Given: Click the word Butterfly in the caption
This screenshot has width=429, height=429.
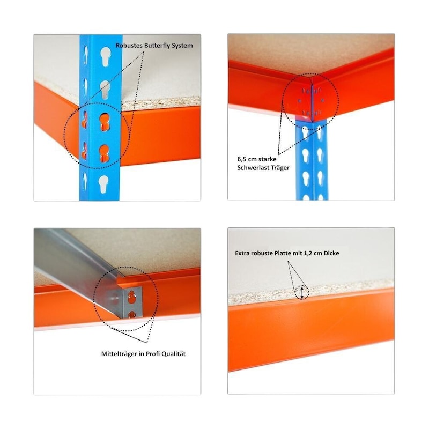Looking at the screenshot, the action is tap(158, 46).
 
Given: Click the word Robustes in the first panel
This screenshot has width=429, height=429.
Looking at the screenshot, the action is tap(129, 46).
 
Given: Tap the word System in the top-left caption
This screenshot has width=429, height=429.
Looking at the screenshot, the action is tap(183, 46).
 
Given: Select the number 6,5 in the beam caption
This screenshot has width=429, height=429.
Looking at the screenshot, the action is tap(242, 159).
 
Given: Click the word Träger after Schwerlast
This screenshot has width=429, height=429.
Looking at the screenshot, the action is tap(279, 168).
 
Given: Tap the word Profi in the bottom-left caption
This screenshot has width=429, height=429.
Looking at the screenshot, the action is tap(153, 354).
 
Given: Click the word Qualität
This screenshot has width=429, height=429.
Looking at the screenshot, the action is tap(173, 354).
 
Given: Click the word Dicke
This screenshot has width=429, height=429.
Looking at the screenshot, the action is tap(331, 253).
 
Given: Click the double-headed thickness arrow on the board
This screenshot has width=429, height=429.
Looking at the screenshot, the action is tap(302, 292).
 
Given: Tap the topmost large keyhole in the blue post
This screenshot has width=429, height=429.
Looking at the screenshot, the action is tap(105, 56).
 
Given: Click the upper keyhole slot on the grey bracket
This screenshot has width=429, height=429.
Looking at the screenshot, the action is tap(132, 297).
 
